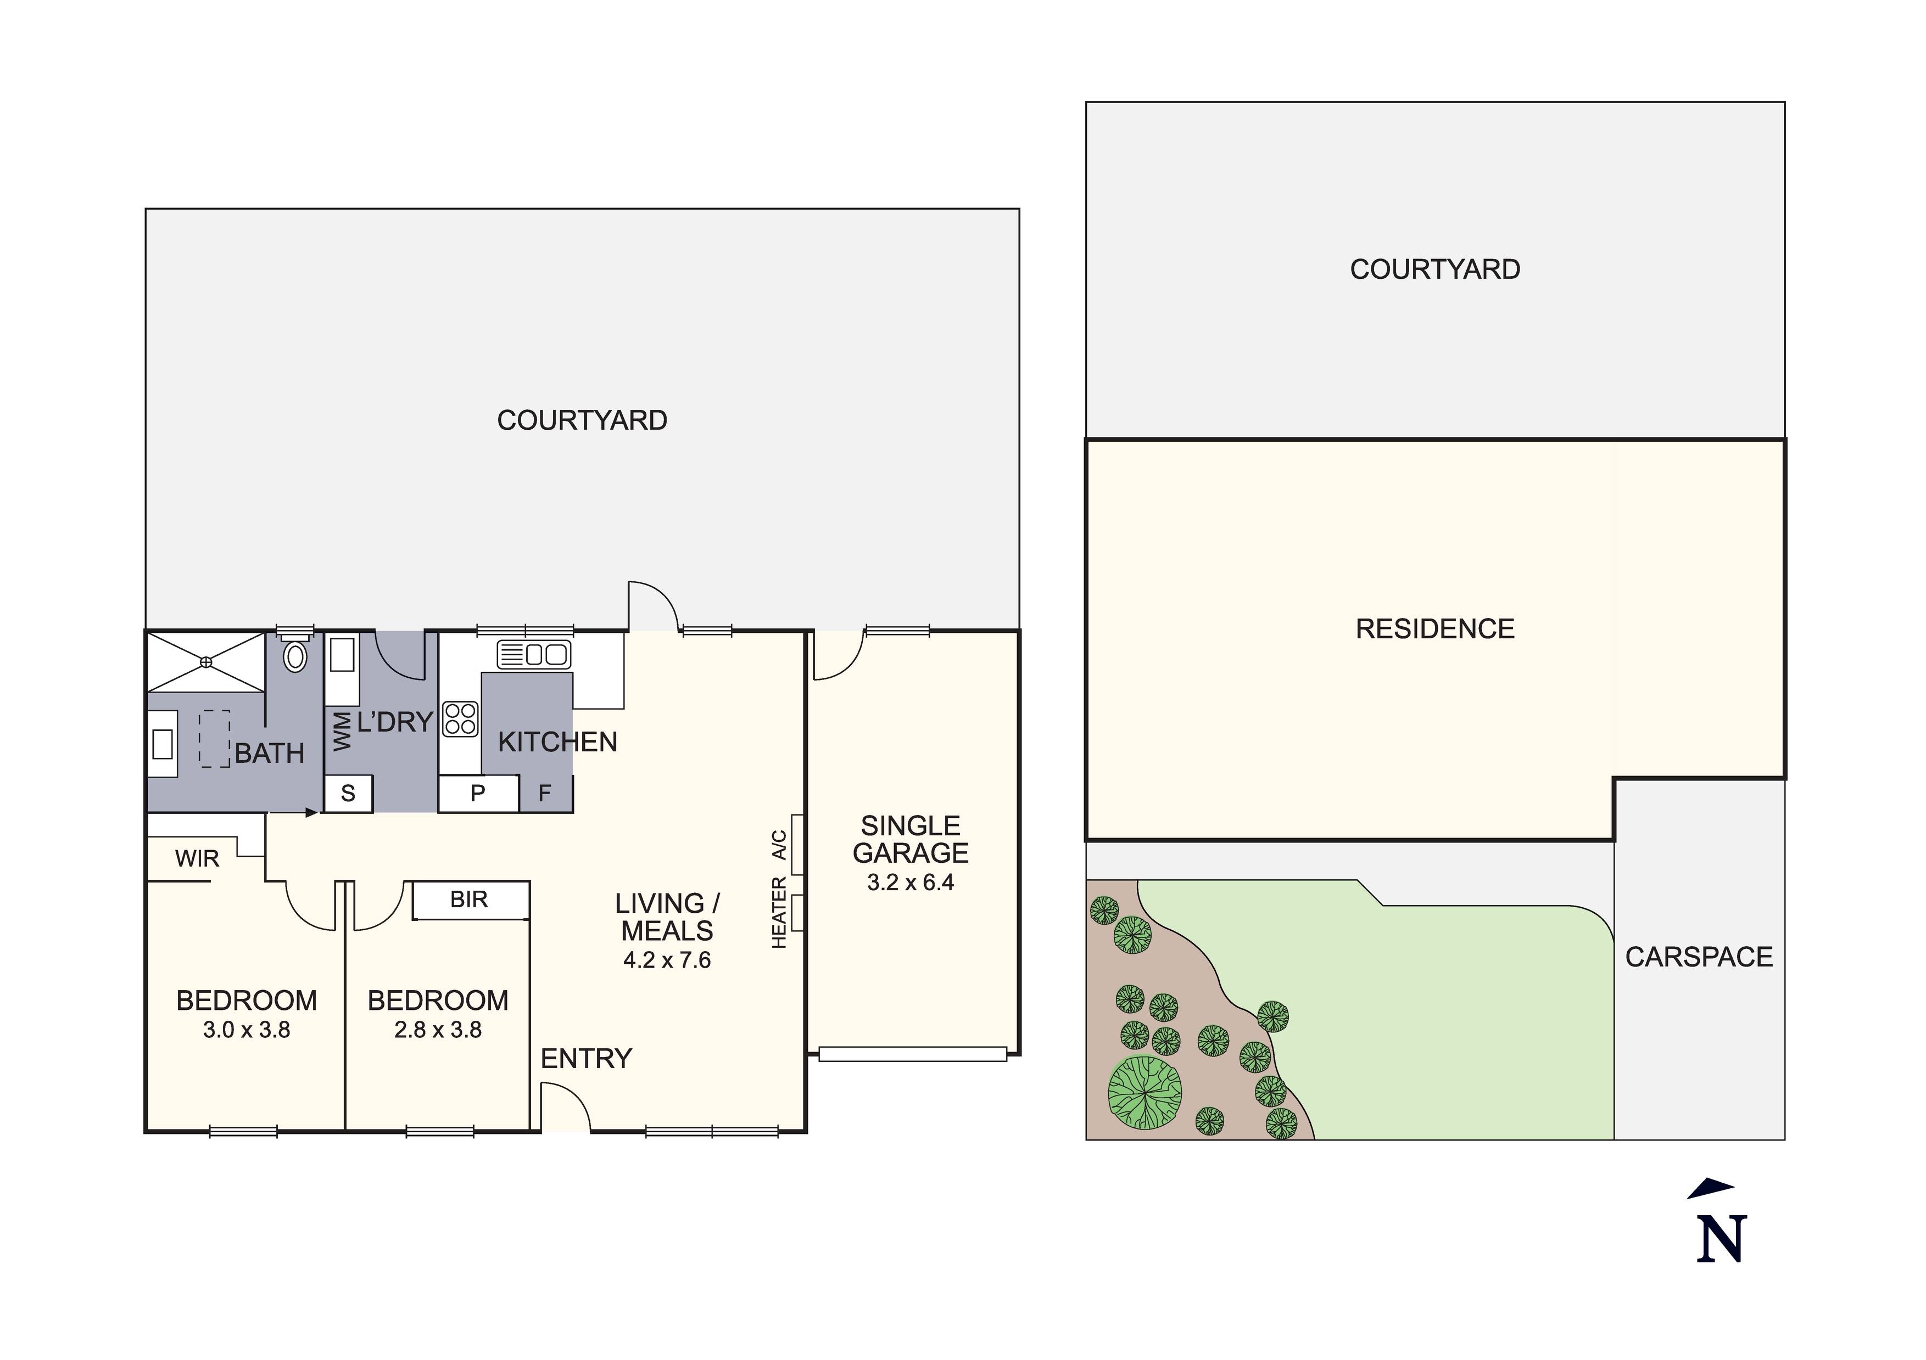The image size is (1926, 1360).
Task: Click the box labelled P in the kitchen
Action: [x=478, y=793]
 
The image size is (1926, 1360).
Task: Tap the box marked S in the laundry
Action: [x=348, y=793]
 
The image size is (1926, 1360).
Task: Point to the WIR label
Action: [x=197, y=858]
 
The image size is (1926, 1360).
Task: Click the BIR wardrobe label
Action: [x=469, y=900]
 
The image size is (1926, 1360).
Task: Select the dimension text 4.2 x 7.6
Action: [x=667, y=960]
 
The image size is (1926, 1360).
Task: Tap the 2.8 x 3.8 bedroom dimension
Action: [x=438, y=1030]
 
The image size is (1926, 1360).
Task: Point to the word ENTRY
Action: [x=585, y=1059]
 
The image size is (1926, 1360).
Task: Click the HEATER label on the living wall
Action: [x=779, y=913]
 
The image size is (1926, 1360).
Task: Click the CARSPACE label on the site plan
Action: [x=1699, y=958]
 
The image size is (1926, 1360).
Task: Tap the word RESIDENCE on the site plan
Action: [x=1434, y=629]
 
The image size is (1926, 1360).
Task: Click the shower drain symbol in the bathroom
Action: [x=206, y=662]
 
